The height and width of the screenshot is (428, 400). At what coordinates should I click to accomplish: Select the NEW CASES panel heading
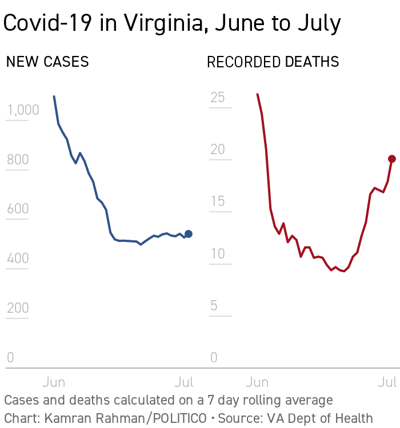[x=47, y=62]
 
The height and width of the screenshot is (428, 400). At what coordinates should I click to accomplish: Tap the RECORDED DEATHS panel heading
[x=273, y=62]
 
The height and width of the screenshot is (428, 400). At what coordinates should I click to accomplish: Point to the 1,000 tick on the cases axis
[x=23, y=110]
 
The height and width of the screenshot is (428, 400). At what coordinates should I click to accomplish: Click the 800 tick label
[x=18, y=159]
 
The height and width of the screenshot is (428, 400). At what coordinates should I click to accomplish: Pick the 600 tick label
[x=18, y=209]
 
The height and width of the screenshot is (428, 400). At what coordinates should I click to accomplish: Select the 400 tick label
[x=18, y=259]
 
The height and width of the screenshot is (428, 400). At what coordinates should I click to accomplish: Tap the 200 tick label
[x=18, y=308]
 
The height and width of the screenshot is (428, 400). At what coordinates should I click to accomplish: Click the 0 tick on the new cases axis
[x=10, y=358]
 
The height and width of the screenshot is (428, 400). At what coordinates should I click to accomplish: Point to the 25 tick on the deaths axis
[x=217, y=98]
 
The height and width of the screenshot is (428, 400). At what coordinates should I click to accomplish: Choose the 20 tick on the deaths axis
[x=217, y=150]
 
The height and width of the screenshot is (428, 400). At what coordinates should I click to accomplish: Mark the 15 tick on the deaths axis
[x=217, y=201]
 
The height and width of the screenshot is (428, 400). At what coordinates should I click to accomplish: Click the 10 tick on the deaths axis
[x=217, y=254]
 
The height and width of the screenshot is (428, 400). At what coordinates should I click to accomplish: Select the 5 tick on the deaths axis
[x=214, y=306]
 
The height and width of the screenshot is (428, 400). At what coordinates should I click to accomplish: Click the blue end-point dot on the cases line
[x=189, y=234]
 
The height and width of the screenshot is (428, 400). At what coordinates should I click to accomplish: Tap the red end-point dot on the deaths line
[x=392, y=159]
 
